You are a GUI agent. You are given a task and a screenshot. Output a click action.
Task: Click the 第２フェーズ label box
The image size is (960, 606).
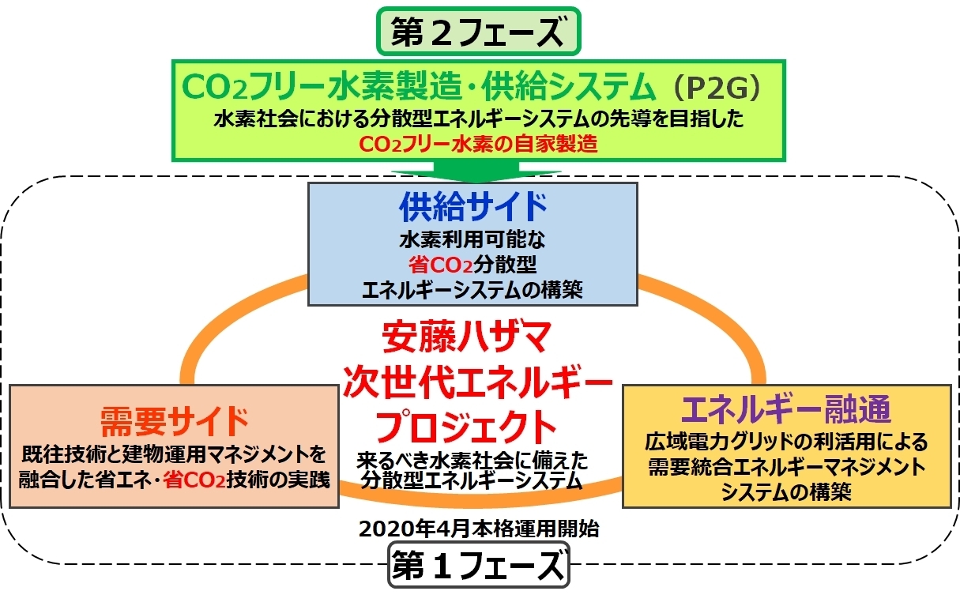click(x=478, y=32)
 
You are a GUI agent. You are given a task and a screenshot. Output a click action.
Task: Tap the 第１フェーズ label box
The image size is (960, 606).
click(x=479, y=565)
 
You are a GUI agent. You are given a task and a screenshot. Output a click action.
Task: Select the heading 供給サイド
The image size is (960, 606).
click(x=472, y=207)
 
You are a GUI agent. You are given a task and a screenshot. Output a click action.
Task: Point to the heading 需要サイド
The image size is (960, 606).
click(x=175, y=422)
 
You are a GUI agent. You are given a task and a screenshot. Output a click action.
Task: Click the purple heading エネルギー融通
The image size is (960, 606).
click(x=786, y=410)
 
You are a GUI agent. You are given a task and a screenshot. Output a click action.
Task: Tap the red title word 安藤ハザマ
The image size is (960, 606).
click(x=467, y=337)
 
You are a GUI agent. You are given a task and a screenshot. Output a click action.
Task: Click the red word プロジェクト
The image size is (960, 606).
click(x=466, y=427)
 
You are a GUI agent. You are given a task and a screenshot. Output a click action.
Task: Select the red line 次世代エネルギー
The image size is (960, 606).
click(x=477, y=381)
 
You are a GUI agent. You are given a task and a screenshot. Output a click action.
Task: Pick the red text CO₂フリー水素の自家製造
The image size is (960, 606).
click(x=478, y=144)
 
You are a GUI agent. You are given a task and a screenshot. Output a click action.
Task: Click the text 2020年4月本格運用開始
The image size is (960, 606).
click(x=479, y=529)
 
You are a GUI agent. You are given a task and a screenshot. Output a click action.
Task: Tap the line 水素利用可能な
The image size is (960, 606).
click(x=472, y=239)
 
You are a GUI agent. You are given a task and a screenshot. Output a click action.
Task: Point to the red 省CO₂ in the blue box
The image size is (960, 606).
click(x=440, y=265)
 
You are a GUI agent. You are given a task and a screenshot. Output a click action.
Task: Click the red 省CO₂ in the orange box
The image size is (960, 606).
click(x=194, y=480)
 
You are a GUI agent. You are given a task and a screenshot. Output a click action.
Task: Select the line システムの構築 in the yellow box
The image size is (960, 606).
click(x=786, y=491)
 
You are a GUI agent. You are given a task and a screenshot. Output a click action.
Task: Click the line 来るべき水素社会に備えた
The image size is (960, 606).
click(x=472, y=461)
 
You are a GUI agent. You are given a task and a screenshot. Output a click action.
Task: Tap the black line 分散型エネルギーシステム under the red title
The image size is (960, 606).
click(x=472, y=480)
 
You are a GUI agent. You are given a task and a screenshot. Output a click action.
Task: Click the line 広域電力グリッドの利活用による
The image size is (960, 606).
click(x=786, y=442)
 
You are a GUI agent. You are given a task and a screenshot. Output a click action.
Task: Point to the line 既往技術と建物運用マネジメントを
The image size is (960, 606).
click(x=174, y=455)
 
